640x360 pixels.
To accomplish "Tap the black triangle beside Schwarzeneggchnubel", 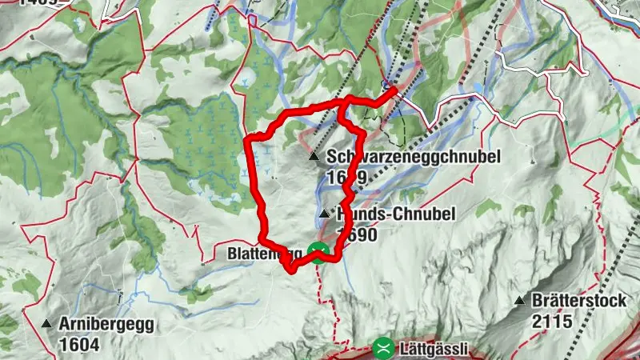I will click(x=314, y=158).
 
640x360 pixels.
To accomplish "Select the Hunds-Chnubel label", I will click(x=396, y=214).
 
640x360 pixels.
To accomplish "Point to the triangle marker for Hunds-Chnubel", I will click(x=323, y=214).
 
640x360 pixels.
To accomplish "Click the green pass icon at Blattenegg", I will click(x=320, y=254).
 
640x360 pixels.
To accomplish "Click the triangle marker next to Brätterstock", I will click(x=519, y=302).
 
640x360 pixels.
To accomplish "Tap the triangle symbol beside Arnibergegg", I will click(x=46, y=325).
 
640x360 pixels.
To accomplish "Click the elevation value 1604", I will click(x=78, y=345).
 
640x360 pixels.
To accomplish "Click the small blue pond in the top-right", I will click(x=478, y=86).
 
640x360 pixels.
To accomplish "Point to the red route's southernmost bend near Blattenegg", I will click(x=291, y=269).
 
